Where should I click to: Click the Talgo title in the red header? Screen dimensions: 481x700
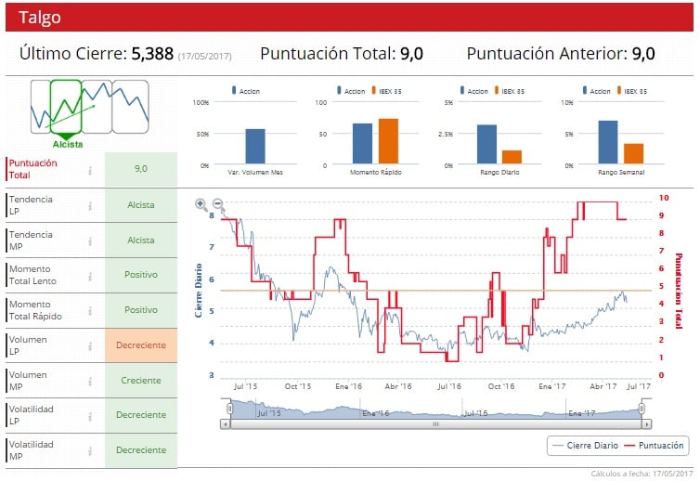tap(40, 17)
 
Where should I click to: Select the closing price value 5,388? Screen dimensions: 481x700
tap(152, 54)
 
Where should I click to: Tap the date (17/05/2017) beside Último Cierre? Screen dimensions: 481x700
tap(204, 56)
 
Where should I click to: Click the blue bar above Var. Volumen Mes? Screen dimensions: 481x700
tap(255, 147)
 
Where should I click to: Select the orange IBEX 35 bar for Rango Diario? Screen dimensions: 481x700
tap(512, 157)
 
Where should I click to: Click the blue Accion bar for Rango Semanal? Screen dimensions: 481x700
tap(608, 142)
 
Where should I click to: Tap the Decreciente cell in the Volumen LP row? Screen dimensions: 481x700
tap(141, 345)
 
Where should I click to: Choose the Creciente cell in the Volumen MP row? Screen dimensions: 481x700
tap(141, 381)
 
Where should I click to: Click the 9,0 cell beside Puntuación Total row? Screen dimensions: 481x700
tap(141, 169)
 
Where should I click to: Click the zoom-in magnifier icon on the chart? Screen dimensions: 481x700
tap(201, 204)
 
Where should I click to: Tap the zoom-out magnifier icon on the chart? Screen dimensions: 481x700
tap(217, 204)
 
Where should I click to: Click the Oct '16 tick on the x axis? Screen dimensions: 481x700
tap(501, 384)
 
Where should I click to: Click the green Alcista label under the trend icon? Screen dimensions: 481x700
tap(68, 144)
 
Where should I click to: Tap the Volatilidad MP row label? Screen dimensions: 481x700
tap(32, 451)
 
